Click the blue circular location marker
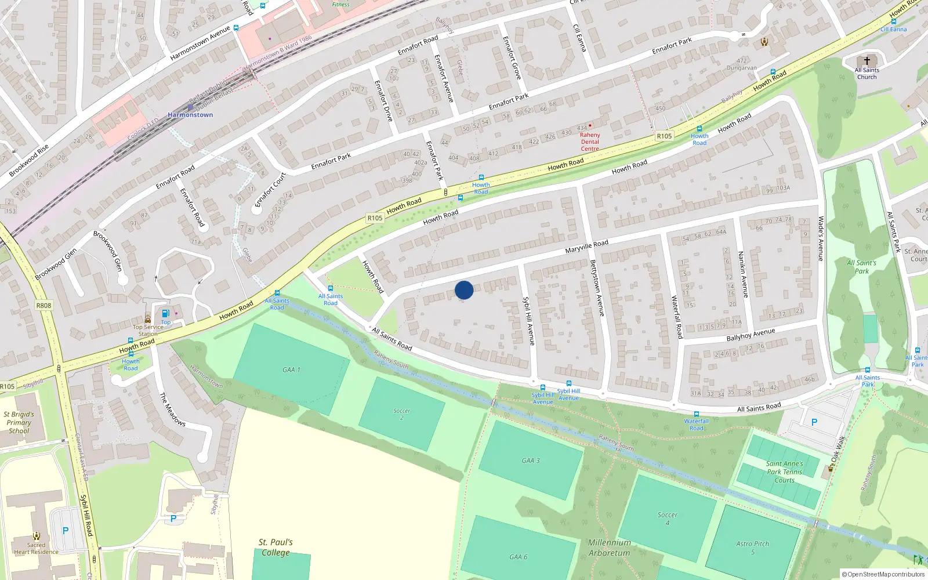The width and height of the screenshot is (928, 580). (x=464, y=290)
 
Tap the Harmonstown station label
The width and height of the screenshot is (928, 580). (x=190, y=115)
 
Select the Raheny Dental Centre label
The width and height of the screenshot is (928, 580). (x=590, y=142)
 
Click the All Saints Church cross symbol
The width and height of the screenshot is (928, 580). (x=867, y=61)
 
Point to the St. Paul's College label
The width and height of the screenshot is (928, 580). (x=275, y=547)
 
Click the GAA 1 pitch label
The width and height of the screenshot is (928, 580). (x=291, y=369)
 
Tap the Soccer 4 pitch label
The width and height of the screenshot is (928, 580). (x=667, y=519)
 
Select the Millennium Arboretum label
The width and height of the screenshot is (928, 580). (x=609, y=548)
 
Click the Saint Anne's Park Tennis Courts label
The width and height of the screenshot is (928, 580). (x=785, y=472)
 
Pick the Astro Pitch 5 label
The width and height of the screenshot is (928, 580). (x=752, y=548)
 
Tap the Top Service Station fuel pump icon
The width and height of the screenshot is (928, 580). (x=166, y=314)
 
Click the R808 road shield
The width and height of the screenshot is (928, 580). (x=43, y=305)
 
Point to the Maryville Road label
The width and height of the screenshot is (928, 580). (x=586, y=246)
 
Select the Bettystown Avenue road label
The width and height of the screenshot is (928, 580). (x=597, y=288)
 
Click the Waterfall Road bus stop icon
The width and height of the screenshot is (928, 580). (x=696, y=414)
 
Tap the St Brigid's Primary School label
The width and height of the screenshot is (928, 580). (x=19, y=423)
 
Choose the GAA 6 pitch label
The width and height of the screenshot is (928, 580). (x=519, y=557)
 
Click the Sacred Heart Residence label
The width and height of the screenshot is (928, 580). (x=36, y=548)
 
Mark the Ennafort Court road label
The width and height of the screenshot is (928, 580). (x=270, y=190)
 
